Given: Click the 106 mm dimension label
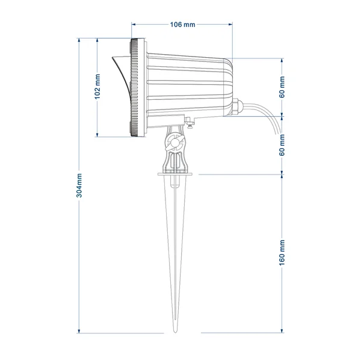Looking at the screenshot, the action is click(x=182, y=25).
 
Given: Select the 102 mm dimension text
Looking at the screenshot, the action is click(x=97, y=87).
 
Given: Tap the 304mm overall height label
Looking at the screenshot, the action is click(x=79, y=185).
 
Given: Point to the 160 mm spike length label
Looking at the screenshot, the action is click(x=282, y=253).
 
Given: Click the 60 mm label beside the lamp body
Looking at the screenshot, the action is click(x=282, y=87).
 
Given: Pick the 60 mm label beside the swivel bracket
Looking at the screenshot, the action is click(x=282, y=145).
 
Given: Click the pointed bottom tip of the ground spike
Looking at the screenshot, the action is click(x=175, y=332).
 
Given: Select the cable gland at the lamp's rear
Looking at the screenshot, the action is click(x=237, y=106).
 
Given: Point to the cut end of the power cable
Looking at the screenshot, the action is click(x=276, y=133).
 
